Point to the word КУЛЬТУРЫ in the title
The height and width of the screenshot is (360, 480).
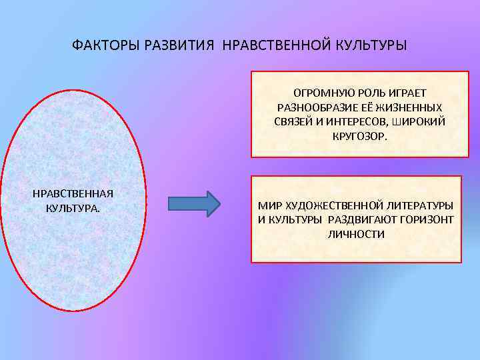coord(362,47)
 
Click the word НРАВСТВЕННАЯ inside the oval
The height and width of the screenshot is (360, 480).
coord(73,193)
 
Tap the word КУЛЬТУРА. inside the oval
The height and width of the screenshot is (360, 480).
coord(73,208)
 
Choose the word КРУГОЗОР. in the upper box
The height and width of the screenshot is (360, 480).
coord(357,137)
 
